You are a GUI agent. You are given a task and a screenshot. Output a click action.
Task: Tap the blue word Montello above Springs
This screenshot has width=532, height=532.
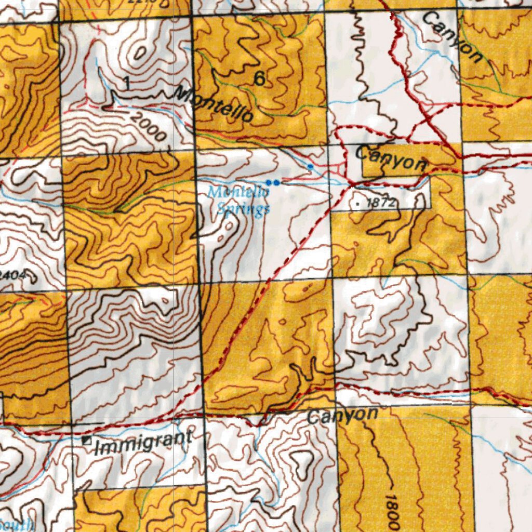click(x=238, y=192)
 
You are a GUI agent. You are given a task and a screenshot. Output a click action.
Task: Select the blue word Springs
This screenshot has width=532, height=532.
click(x=243, y=209)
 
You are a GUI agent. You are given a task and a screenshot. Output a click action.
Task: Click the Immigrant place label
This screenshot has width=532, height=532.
click(x=143, y=442)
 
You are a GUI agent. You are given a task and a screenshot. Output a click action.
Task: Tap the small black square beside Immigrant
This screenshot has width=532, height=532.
click(x=87, y=441)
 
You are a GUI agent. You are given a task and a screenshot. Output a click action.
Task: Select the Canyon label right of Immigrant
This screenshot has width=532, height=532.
click(x=342, y=415)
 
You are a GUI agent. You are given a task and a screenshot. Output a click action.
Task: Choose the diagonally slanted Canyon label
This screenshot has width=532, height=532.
click(x=451, y=36)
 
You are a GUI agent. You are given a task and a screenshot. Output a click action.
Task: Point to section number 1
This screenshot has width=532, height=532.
click(x=126, y=82)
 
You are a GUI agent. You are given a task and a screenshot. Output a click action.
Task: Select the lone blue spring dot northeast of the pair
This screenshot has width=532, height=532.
click(x=310, y=166)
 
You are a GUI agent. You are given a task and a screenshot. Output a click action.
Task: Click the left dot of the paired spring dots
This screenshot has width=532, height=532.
click(x=269, y=182)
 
